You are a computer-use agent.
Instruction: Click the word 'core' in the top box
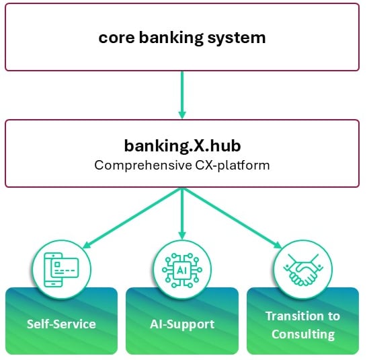tap(116, 38)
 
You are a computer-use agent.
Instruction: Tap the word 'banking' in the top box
tap(171, 38)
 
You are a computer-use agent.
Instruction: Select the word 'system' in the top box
tap(237, 38)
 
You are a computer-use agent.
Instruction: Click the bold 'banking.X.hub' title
tap(182, 145)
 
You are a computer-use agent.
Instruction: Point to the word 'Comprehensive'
tap(143, 166)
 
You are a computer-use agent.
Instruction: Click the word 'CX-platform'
tap(233, 166)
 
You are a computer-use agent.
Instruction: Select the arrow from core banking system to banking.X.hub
tap(182, 95)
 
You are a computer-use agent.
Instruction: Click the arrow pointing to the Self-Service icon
tap(132, 218)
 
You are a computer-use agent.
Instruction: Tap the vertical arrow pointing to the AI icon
tap(182, 213)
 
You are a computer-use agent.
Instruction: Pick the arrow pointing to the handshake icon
tap(233, 218)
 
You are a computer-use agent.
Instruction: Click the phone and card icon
tap(62, 270)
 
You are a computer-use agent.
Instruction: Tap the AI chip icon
tap(182, 270)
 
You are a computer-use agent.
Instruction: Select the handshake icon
tap(303, 270)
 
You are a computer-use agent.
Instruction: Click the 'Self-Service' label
tap(61, 324)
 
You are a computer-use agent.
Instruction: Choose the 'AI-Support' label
tap(182, 325)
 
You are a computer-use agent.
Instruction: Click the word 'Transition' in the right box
tap(294, 316)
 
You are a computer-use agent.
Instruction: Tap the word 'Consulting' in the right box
tap(303, 334)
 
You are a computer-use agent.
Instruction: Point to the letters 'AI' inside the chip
tap(182, 271)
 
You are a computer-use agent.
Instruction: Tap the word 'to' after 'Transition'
tap(334, 316)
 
